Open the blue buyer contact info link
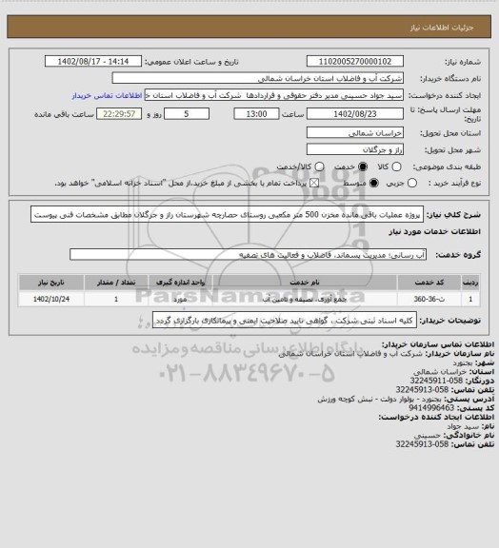pos(113,96)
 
